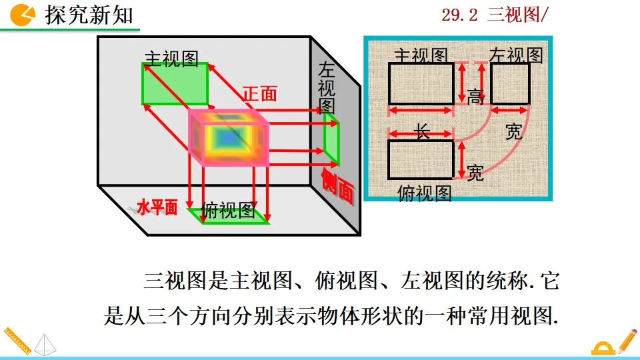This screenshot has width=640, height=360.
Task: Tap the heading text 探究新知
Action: tap(89, 15)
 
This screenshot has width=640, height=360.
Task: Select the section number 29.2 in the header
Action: tap(460, 15)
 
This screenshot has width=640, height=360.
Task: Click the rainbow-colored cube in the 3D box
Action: tap(229, 137)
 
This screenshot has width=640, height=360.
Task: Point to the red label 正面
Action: tap(259, 95)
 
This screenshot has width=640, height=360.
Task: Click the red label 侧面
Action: tap(337, 185)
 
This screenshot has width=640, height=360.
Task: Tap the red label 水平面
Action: tap(157, 208)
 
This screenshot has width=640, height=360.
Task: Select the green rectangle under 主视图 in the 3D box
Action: tap(175, 84)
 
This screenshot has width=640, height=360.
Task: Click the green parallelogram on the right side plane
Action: tap(331, 140)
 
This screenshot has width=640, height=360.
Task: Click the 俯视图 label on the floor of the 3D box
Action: tap(228, 211)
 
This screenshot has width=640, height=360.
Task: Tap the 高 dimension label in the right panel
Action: tap(475, 97)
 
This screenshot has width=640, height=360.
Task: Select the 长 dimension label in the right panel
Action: tap(423, 132)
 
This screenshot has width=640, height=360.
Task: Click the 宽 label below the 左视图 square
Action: tap(513, 132)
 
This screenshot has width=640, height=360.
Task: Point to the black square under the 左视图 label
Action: tap(510, 83)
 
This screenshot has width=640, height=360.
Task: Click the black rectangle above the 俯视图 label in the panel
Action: tap(421, 159)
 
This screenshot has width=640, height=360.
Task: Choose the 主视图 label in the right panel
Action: tap(421, 55)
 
